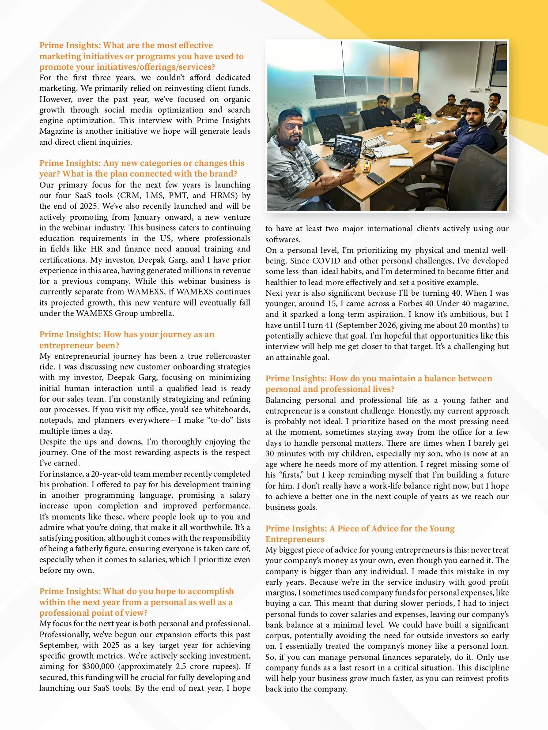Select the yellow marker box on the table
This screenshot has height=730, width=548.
[x=367, y=167]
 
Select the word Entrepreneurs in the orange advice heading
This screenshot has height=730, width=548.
[x=295, y=539]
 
